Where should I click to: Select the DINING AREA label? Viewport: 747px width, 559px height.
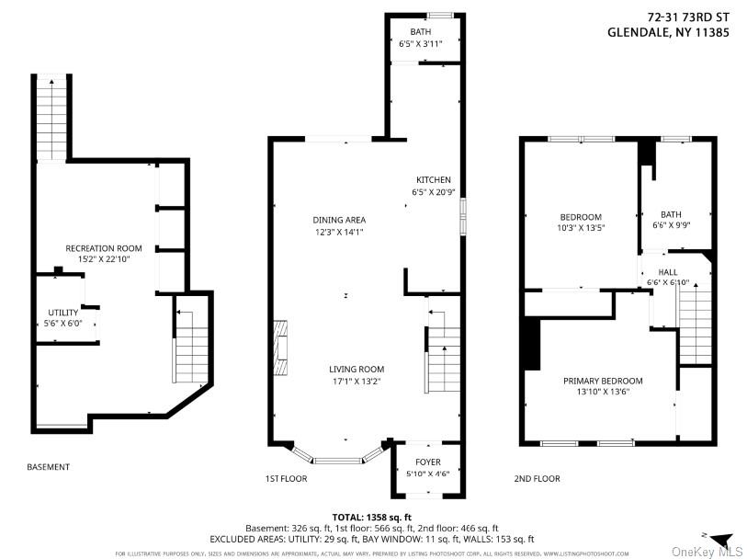point(339,220)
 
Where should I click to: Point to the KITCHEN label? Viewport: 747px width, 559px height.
point(433,179)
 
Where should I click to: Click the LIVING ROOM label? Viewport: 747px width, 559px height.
point(357,369)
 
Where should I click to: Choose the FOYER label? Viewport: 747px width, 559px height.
point(428,462)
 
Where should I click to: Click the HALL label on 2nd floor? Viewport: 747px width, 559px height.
point(668,272)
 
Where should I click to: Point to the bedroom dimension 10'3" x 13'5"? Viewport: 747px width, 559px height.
point(581,227)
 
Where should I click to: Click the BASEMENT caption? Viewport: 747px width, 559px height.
point(48,467)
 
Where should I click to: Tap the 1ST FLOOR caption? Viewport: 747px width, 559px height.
point(286,479)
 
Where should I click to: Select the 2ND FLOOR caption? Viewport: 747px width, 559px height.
point(538,479)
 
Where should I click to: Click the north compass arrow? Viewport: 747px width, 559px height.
point(720,539)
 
